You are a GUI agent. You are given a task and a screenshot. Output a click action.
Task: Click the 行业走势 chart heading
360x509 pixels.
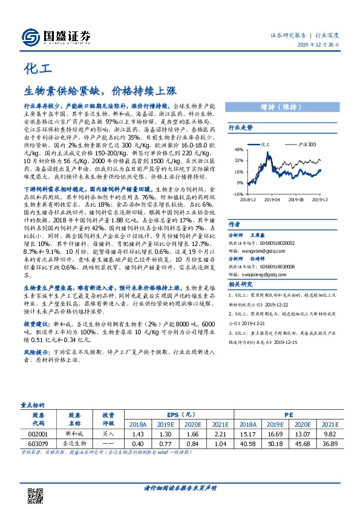[240, 128]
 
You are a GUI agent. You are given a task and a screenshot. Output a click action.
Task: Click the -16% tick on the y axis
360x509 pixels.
[239, 194]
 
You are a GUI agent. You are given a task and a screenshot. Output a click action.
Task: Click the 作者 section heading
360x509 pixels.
[234, 223]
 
